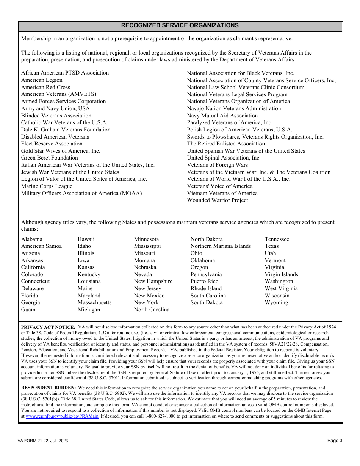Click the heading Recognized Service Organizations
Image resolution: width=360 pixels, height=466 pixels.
(x=180, y=25)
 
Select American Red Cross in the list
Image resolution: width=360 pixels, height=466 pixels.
(x=45, y=87)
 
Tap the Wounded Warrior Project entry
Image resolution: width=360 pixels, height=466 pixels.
(x=218, y=200)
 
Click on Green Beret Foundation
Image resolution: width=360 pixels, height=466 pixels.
(x=49, y=158)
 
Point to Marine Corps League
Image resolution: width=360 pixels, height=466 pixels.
(x=47, y=186)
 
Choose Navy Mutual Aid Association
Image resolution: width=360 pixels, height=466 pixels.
(x=222, y=116)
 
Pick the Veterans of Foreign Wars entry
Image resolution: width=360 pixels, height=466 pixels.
(x=217, y=165)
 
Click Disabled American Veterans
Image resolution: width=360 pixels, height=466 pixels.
(x=55, y=137)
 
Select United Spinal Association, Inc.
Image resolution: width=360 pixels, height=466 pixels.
(x=224, y=158)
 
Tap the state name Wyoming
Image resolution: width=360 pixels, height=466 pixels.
(x=276, y=302)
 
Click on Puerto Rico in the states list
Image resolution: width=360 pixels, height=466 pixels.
(x=204, y=281)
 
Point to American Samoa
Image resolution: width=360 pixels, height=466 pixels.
(x=41, y=246)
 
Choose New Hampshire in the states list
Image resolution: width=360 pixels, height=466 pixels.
(x=153, y=281)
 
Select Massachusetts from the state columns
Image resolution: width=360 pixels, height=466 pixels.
(x=94, y=302)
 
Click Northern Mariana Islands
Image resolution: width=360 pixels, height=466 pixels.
(x=221, y=246)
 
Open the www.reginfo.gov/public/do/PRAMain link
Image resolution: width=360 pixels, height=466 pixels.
(x=62, y=416)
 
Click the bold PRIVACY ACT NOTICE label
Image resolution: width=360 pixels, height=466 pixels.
(x=48, y=327)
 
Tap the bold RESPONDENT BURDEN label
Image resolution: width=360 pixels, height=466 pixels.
(x=49, y=388)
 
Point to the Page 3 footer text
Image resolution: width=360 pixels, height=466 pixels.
(x=335, y=441)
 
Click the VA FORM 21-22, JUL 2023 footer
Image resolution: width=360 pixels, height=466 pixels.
(x=43, y=441)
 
